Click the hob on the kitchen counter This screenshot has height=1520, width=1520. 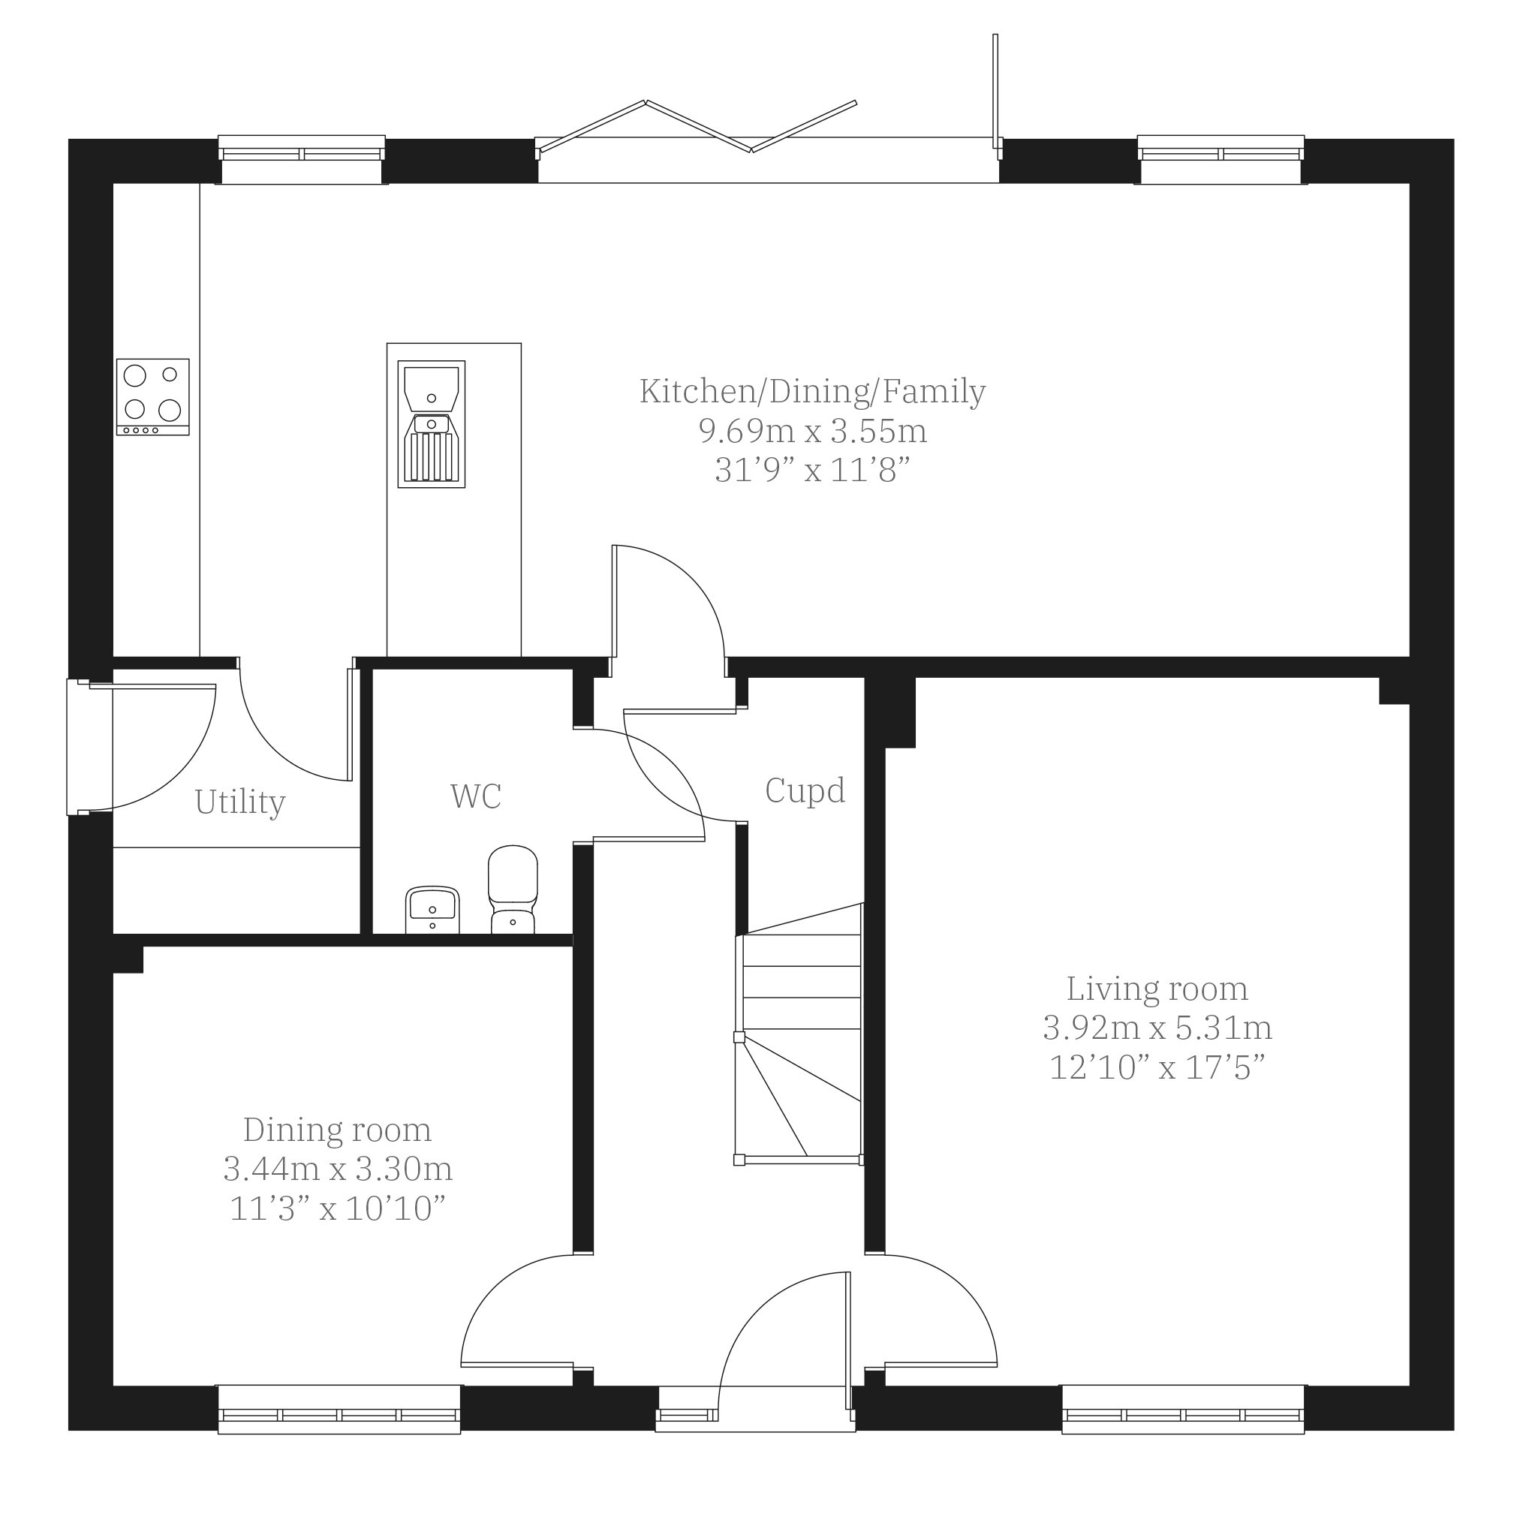coord(152,396)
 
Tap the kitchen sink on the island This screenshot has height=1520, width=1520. coord(431,424)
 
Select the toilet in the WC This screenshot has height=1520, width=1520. coord(513,889)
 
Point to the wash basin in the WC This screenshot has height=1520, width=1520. coord(432,910)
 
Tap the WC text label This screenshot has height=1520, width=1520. coord(476,796)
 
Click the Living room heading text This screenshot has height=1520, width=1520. coord(1157,989)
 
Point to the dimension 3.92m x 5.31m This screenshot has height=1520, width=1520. coord(1157,1028)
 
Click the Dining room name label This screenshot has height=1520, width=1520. coord(338,1130)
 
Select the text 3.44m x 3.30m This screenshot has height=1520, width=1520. coord(339,1169)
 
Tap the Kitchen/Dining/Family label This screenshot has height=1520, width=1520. coord(813,392)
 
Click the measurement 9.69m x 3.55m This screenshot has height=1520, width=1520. coord(813,431)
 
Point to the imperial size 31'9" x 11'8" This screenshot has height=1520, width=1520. coord(813,471)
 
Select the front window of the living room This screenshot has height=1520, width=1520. coord(1183,1408)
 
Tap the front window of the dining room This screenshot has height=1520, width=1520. coord(339,1408)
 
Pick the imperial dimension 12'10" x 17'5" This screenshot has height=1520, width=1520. coord(1157,1067)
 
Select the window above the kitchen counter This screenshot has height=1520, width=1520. coord(301,160)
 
